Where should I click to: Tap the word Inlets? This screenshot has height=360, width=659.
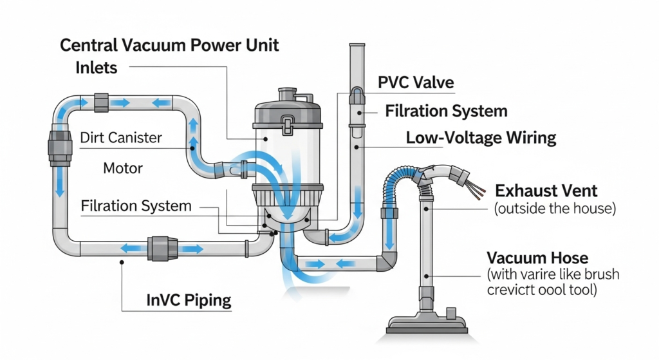[x=97, y=67]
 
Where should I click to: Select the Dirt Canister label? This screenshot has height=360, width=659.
[x=121, y=137]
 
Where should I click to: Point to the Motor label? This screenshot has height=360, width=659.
[x=122, y=169]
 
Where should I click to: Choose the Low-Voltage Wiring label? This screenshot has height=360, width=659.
[x=481, y=138]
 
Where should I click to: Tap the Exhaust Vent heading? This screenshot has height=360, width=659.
[x=546, y=191]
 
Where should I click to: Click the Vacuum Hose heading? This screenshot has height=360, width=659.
[x=537, y=258]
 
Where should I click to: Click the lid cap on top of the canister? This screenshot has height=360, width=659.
[x=286, y=96]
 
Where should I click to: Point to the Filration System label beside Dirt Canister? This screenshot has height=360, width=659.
[x=136, y=207]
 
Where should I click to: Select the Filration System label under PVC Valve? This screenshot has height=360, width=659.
[x=446, y=111]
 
